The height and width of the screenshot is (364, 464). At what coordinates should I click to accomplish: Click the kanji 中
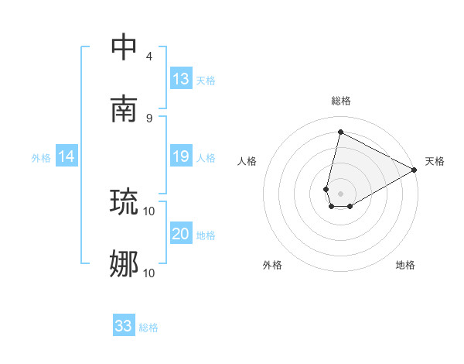[124, 47]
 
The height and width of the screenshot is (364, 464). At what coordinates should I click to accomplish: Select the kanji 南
[124, 109]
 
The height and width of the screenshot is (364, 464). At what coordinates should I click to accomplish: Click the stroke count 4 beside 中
[149, 57]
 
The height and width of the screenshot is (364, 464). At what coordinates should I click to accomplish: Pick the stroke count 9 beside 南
[149, 118]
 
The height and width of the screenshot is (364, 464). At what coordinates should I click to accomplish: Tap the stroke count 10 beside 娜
[149, 273]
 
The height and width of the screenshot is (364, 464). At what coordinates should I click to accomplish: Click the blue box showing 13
[181, 79]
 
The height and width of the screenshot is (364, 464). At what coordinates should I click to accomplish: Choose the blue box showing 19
[181, 157]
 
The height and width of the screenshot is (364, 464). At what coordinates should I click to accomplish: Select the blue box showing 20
[181, 235]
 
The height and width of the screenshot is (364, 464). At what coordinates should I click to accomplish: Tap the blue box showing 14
[67, 157]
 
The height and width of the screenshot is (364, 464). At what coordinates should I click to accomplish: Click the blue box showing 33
[124, 326]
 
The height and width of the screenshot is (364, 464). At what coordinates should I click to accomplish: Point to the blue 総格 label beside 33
[148, 328]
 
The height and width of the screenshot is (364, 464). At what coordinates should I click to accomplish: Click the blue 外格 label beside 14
[41, 158]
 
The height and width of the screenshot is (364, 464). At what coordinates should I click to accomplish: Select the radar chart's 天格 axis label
[435, 161]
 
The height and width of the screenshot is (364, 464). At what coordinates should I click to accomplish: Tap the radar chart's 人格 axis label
[247, 161]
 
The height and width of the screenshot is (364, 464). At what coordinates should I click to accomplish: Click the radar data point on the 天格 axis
[415, 170]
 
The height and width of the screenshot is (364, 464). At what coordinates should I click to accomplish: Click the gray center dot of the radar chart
[340, 194]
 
